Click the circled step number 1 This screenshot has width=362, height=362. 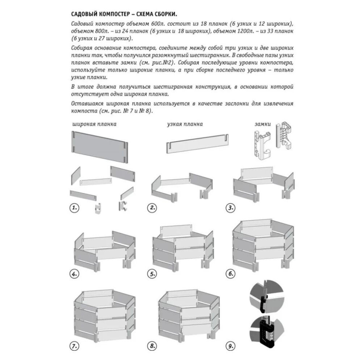[x=74, y=208]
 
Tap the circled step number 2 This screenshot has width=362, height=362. [x=152, y=208]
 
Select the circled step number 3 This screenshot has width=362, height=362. [x=230, y=208]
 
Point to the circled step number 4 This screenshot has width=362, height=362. [x=74, y=274]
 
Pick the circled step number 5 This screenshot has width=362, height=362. [x=152, y=274]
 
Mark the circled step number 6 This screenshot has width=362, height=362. [x=230, y=274]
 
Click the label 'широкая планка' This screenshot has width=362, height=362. [x=94, y=125]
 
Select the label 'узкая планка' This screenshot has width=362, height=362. [x=185, y=125]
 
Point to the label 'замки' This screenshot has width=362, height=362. [x=263, y=124]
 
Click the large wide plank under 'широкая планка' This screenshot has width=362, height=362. [x=100, y=146]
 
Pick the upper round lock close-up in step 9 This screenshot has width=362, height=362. [x=267, y=297]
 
